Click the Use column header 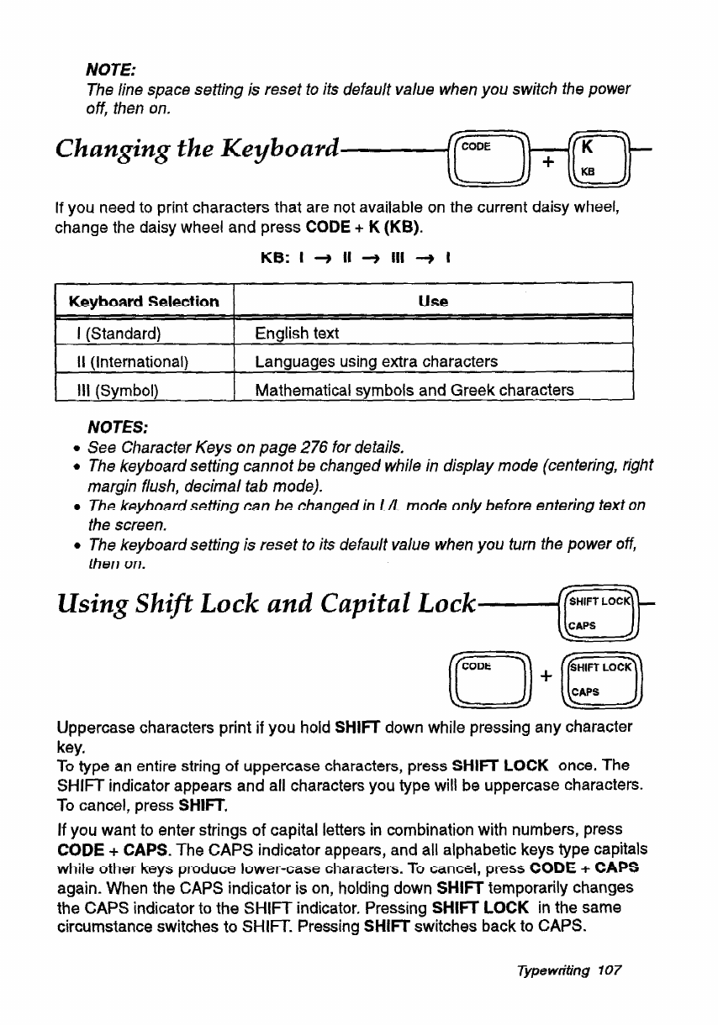pyautogui.click(x=432, y=301)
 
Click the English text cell pyautogui.click(x=297, y=334)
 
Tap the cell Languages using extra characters pyautogui.click(x=376, y=362)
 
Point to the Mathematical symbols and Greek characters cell pyautogui.click(x=414, y=390)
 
